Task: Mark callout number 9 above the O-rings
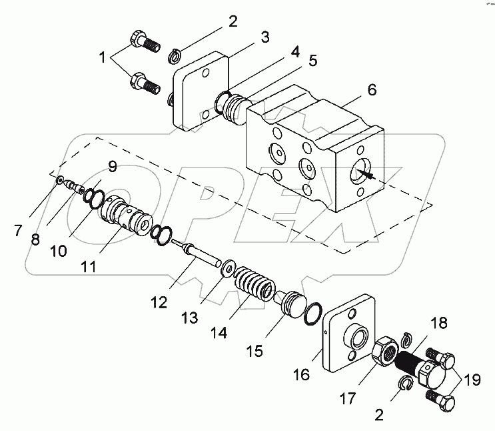tap(112, 167)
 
